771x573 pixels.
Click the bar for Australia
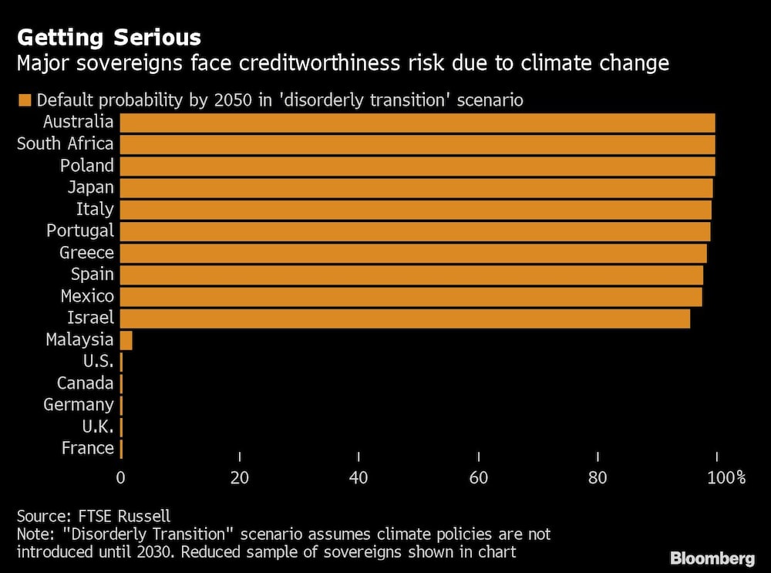click(x=417, y=123)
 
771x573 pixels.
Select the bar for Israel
click(x=405, y=318)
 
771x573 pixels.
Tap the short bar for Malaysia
click(x=126, y=340)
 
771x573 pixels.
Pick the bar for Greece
click(x=413, y=253)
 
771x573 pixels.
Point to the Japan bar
click(x=416, y=187)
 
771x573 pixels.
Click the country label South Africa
click(x=65, y=143)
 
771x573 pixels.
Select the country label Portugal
click(x=80, y=231)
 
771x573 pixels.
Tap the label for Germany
click(x=79, y=405)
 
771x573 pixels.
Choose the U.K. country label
click(x=97, y=426)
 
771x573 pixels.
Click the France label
click(x=87, y=448)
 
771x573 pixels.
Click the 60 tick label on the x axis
click(x=479, y=478)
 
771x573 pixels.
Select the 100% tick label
click(x=726, y=478)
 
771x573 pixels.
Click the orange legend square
click(x=24, y=100)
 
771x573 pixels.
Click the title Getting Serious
click(x=109, y=37)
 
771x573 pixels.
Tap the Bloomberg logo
click(x=712, y=558)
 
